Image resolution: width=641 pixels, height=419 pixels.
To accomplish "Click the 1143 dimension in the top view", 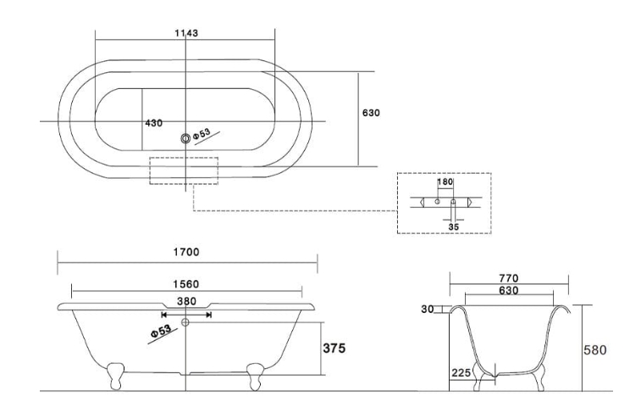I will pos(185,33).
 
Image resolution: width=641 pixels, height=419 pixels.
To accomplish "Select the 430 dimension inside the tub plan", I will pos(153,123).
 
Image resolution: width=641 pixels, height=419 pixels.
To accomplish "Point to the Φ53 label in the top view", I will pos(203,133).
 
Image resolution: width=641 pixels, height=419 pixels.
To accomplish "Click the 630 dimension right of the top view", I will pos(371,112).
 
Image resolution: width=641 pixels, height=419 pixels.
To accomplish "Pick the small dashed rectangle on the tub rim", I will pos(184,170).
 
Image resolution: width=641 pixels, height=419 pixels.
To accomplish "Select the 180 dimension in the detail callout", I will pos(445,182).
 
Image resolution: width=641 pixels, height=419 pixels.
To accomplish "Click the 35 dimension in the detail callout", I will pos(454,226).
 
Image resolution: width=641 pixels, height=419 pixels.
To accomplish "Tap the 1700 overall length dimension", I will pos(186,252).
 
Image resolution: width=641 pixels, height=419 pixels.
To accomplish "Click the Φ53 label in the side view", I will pos(162,330).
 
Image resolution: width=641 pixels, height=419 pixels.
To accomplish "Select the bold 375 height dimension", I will pos(338,348).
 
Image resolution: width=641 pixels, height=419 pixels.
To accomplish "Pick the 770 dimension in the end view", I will pos(509,277).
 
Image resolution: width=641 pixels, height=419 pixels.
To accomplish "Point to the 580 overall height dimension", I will pos(595,349).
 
